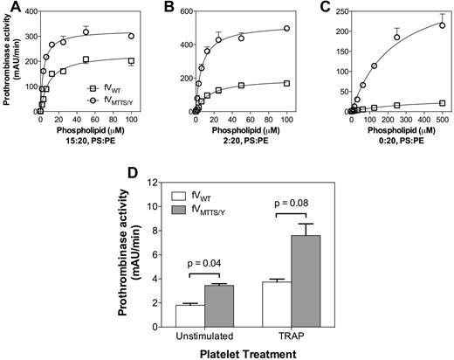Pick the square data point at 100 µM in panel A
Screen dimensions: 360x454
tap(131, 60)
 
